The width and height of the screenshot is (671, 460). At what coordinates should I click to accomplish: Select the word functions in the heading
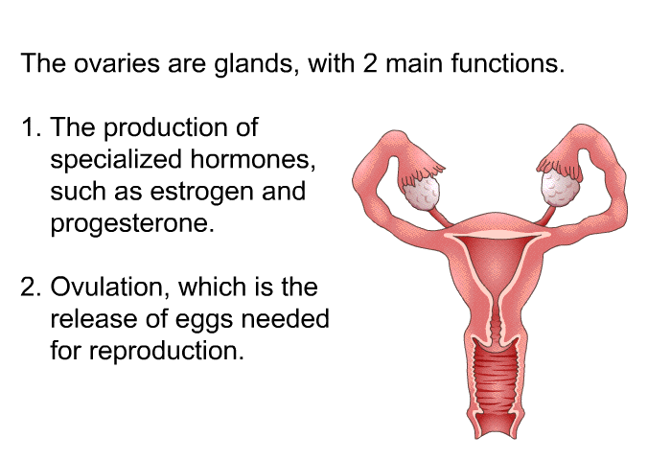[508, 63]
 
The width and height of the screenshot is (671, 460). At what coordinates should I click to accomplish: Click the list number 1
[32, 127]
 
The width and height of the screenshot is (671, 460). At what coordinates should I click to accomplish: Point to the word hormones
[252, 159]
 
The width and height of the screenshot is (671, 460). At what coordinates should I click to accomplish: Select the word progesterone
[132, 223]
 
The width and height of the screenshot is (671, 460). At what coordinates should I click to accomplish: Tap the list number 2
[32, 287]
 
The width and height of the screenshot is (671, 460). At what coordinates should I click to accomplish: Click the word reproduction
[166, 351]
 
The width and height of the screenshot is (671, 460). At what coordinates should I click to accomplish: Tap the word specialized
[116, 160]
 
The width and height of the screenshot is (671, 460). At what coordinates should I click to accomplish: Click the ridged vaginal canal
[496, 383]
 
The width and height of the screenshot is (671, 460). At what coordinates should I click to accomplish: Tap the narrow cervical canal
[496, 322]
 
